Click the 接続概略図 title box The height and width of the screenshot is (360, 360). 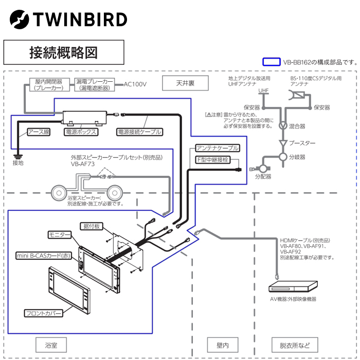click(64, 52)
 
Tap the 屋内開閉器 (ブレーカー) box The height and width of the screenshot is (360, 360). click(49, 85)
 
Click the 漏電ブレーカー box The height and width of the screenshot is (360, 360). click(95, 85)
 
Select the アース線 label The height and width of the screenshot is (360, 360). click(39, 132)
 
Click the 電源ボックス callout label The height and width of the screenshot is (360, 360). click(80, 132)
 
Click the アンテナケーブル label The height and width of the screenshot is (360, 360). click(218, 148)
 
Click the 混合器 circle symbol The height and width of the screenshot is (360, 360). click(283, 125)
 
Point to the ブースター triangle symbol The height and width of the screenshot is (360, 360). click(283, 142)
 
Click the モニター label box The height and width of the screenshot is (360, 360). click(60, 235)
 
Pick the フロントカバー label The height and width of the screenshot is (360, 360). click(44, 313)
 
